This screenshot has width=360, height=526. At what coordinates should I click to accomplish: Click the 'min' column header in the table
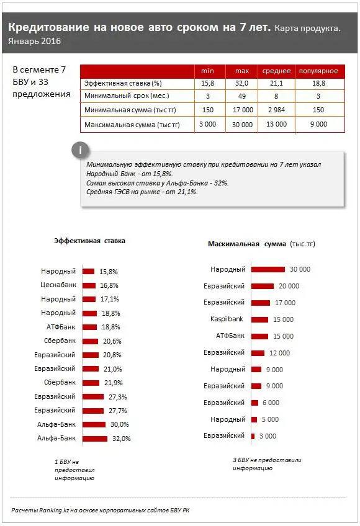point(207,71)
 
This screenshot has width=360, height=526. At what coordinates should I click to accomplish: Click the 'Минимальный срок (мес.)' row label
point(126,96)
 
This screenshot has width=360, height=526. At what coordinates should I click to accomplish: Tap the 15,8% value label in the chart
point(109,272)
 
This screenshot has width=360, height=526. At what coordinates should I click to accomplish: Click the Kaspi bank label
point(227,319)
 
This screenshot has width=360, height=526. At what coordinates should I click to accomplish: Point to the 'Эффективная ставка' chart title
point(89,241)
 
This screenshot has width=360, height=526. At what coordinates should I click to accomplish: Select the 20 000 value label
point(289,286)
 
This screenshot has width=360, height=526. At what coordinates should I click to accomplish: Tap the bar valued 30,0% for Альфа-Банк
point(94,424)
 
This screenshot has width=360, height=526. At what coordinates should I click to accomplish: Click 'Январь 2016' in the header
point(35,42)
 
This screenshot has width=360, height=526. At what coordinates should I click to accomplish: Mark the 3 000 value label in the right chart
point(268,436)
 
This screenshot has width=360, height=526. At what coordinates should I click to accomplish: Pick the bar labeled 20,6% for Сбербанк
point(91,341)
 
